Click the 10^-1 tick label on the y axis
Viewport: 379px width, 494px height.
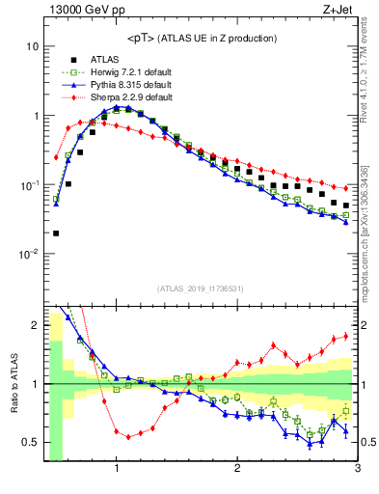tap(30, 185)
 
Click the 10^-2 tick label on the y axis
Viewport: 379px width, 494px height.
tap(30, 255)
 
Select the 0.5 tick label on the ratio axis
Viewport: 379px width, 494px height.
tap(30, 443)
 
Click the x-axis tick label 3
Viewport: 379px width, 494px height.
tap(356, 470)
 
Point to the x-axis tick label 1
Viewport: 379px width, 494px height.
tap(117, 470)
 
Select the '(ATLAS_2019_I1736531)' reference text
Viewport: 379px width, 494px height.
tap(201, 288)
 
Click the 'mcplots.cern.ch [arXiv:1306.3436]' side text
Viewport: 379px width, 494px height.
tap(370, 232)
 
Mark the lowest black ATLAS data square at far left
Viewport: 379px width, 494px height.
tap(56, 233)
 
